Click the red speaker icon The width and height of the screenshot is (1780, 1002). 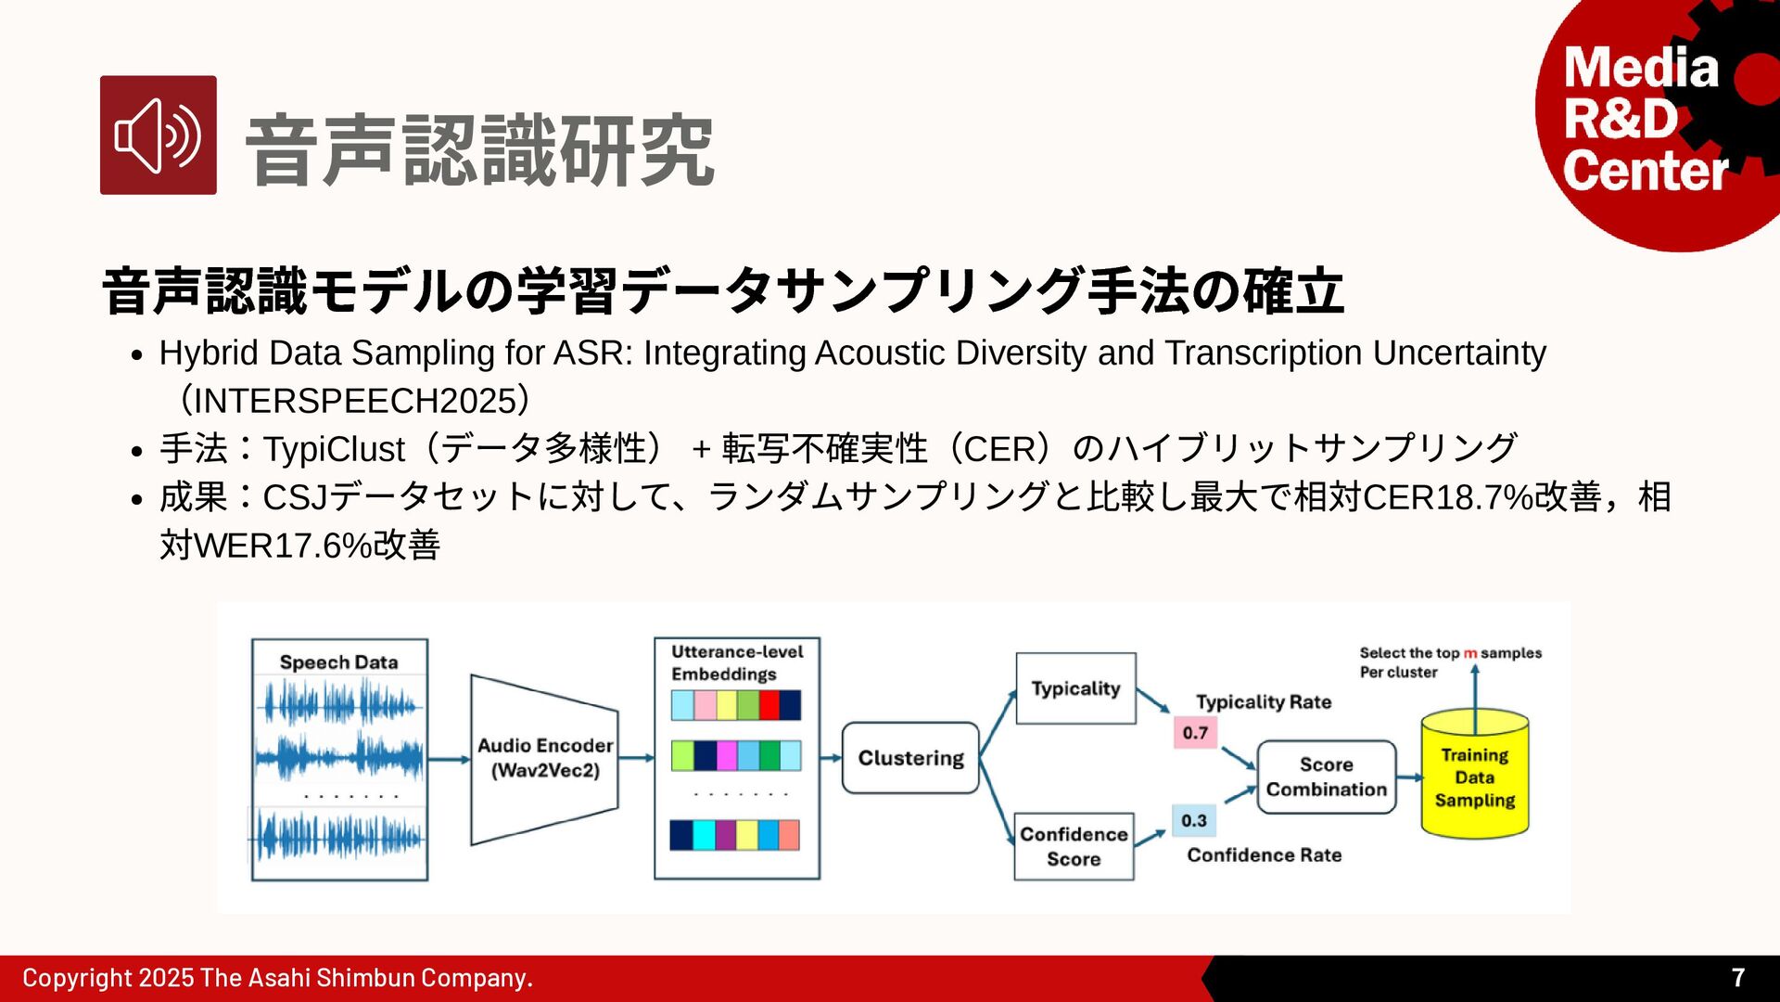[x=159, y=135]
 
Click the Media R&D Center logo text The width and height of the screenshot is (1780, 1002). [x=1644, y=120]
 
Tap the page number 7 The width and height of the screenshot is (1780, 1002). [x=1738, y=977]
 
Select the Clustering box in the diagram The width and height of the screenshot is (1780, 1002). [x=910, y=758]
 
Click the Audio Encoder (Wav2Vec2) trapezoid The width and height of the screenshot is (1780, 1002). [x=544, y=758]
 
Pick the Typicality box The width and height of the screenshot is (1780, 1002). [x=1075, y=688]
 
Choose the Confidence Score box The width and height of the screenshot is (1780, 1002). [x=1074, y=846]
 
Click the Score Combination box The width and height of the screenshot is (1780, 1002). [x=1326, y=777]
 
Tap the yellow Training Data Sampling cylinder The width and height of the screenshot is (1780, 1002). [x=1474, y=777]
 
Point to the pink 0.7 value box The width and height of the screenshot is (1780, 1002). [x=1195, y=733]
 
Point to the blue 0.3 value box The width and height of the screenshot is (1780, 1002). [x=1194, y=820]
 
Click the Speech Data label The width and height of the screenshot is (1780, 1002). [x=338, y=662]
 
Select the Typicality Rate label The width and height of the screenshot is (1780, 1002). [x=1263, y=702]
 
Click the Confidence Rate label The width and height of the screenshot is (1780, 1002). [x=1264, y=854]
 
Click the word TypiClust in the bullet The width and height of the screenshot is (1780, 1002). [x=334, y=449]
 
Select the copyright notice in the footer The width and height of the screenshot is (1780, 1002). [x=277, y=978]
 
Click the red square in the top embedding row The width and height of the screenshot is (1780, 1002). [x=769, y=705]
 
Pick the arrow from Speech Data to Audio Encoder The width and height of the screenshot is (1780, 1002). [x=450, y=760]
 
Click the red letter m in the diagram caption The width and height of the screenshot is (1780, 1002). [x=1470, y=653]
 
